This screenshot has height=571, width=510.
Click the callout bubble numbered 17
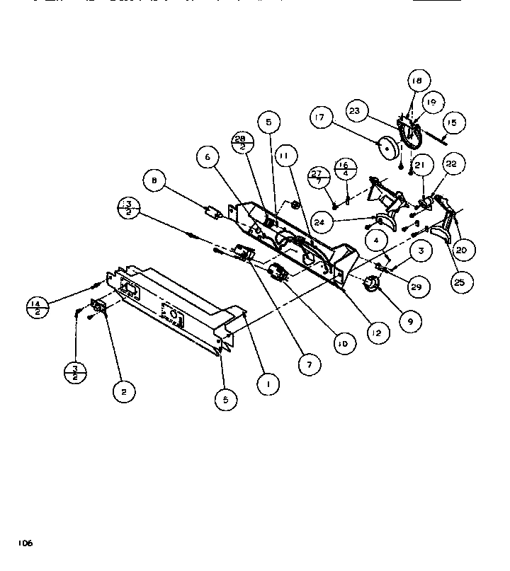coord(320,117)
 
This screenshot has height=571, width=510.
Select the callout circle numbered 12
coord(378,331)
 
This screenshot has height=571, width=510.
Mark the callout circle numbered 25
coord(460,281)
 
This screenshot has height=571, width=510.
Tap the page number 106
coord(25,543)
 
